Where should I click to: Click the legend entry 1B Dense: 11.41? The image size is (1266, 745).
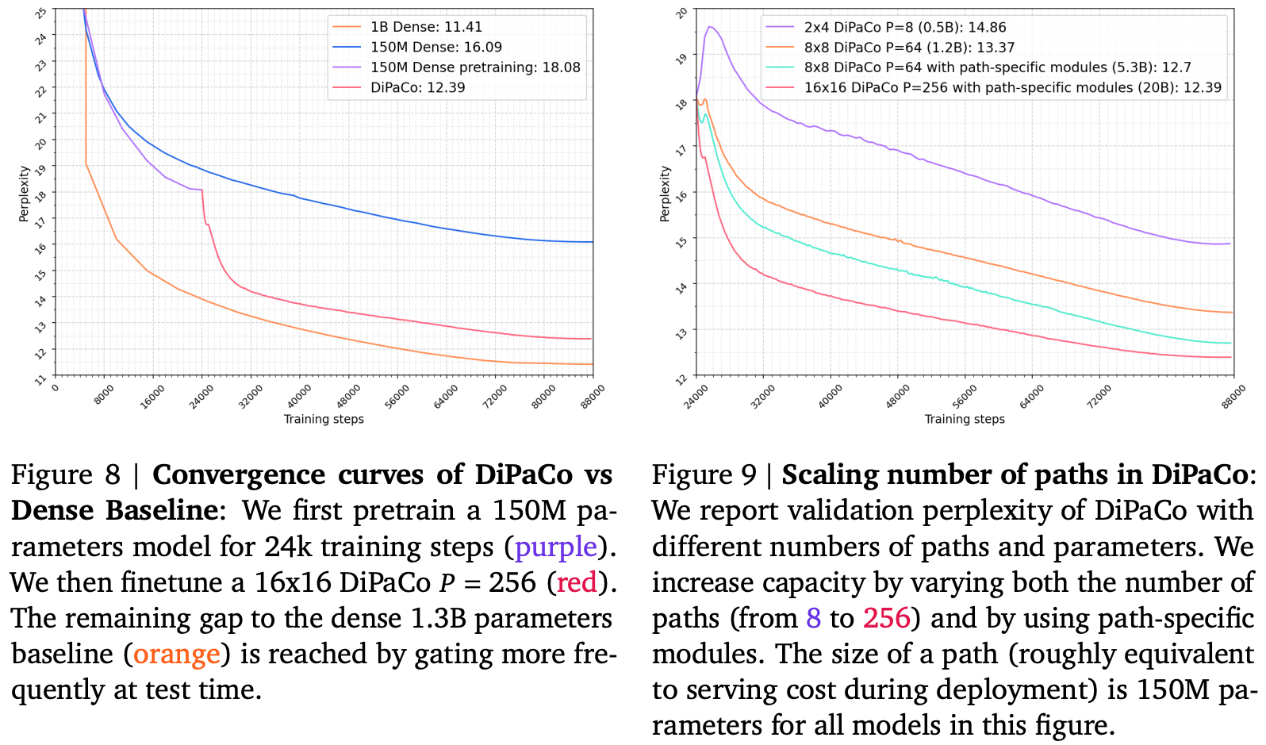(x=426, y=27)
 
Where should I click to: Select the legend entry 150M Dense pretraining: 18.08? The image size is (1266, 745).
(x=474, y=67)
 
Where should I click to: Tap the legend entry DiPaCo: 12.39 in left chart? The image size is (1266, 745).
(x=417, y=87)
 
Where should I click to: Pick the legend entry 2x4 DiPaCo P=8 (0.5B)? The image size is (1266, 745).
(x=904, y=27)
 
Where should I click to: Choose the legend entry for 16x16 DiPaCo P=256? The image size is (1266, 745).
(x=1012, y=87)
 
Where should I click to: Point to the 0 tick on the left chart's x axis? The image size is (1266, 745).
(x=55, y=387)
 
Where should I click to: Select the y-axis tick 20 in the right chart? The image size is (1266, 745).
(x=681, y=13)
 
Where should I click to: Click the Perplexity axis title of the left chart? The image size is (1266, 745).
(x=25, y=193)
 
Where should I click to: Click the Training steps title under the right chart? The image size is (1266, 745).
(x=965, y=419)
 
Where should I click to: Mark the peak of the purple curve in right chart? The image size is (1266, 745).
(x=710, y=27)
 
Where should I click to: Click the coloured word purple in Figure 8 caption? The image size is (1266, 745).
(x=555, y=547)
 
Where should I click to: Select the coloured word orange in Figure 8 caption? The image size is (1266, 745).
(x=176, y=654)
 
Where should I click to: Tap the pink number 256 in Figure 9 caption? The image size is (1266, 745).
(x=886, y=618)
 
